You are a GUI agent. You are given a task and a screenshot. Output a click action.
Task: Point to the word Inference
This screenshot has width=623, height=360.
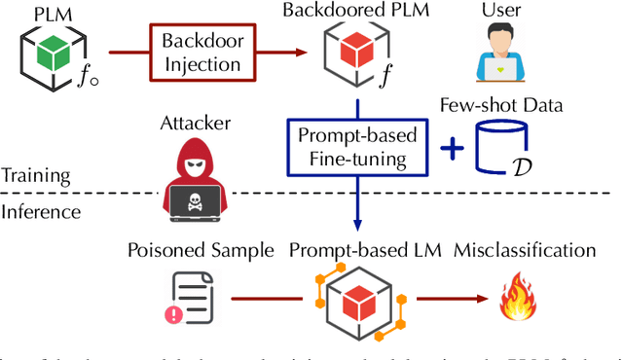pyautogui.click(x=38, y=209)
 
